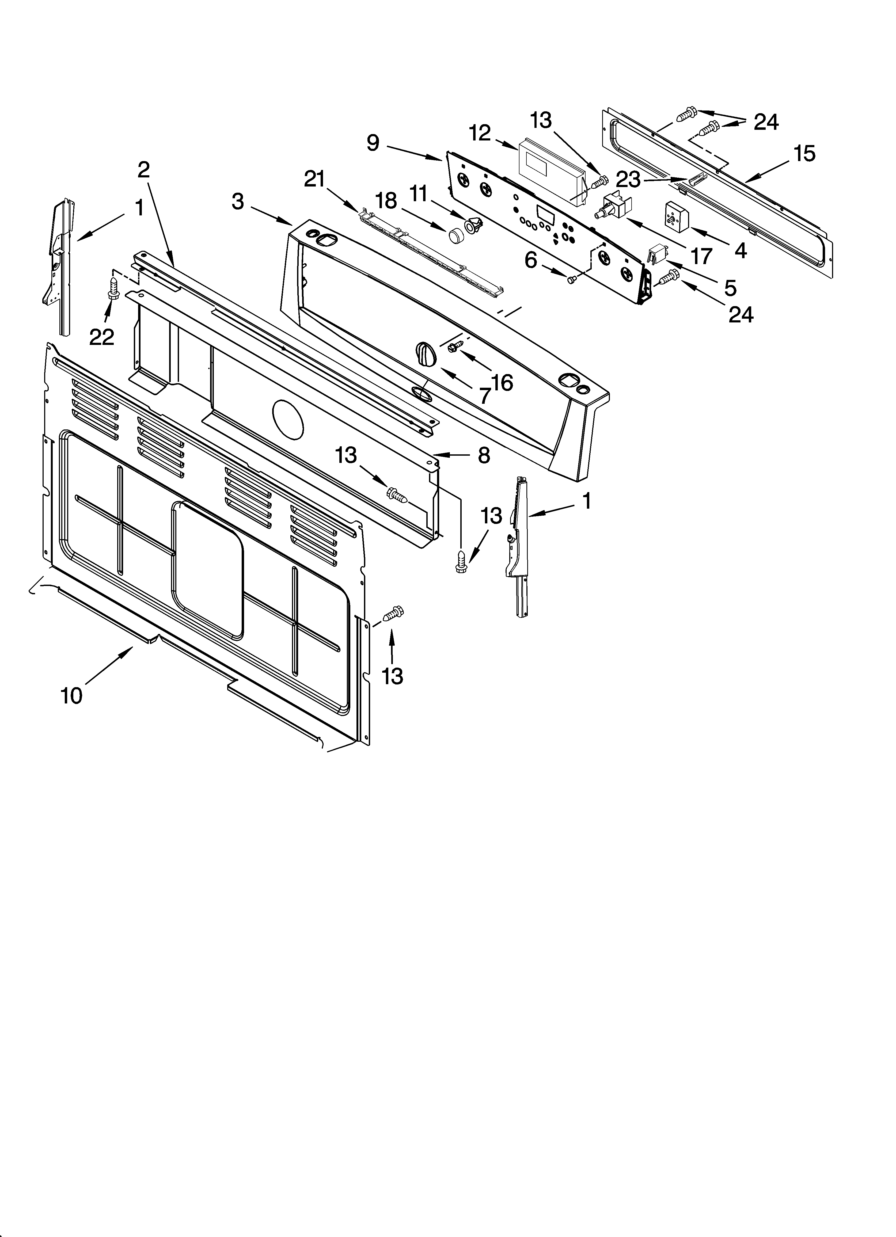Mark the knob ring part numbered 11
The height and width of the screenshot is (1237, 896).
tap(473, 224)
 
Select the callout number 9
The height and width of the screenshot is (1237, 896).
tap(373, 143)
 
